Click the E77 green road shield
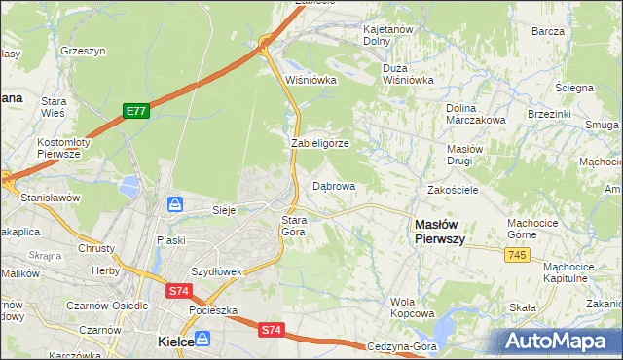coord(135,112)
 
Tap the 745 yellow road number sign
coord(518,254)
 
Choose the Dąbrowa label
coord(333,185)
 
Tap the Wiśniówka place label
coord(310,81)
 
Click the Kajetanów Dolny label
coord(389,36)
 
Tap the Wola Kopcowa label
coord(412,307)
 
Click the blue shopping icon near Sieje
coord(175,204)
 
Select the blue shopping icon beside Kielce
coord(202,339)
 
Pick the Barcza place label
coord(548,31)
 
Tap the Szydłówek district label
coord(216,271)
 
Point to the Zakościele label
coord(452,190)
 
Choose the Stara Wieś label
coord(52,107)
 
